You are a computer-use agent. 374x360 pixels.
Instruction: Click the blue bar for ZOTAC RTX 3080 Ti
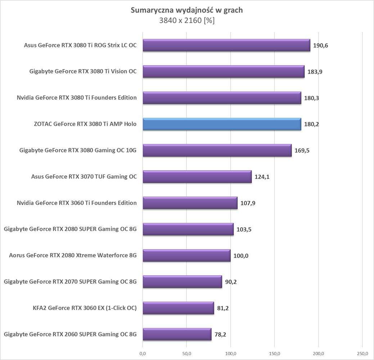click(x=222, y=124)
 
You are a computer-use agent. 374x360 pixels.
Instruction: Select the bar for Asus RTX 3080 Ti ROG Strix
click(x=226, y=45)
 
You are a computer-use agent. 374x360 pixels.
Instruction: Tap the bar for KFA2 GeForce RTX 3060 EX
click(x=178, y=308)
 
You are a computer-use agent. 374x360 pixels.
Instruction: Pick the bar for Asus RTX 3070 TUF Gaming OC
click(x=197, y=177)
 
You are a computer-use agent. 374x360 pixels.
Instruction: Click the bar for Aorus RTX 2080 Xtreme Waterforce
click(x=186, y=256)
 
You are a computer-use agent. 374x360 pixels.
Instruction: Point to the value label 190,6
click(x=320, y=46)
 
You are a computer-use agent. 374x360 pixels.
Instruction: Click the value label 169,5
click(x=302, y=150)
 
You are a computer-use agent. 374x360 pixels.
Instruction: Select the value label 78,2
click(x=220, y=334)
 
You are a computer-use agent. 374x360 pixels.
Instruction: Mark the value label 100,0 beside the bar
click(x=241, y=256)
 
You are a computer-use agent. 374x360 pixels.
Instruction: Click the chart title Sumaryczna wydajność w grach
click(x=186, y=10)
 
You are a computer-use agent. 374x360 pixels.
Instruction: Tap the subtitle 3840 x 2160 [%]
click(x=186, y=21)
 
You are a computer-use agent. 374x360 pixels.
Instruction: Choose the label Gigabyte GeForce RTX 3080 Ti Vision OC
click(x=83, y=72)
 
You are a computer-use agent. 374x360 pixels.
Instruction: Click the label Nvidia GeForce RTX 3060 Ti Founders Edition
click(x=77, y=203)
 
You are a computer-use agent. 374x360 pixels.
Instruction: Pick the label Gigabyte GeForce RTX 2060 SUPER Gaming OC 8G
click(x=70, y=334)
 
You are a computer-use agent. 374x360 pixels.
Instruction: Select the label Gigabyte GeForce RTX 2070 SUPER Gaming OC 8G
click(x=70, y=282)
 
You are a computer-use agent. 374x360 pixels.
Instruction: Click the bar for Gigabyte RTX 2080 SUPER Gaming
click(x=188, y=229)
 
